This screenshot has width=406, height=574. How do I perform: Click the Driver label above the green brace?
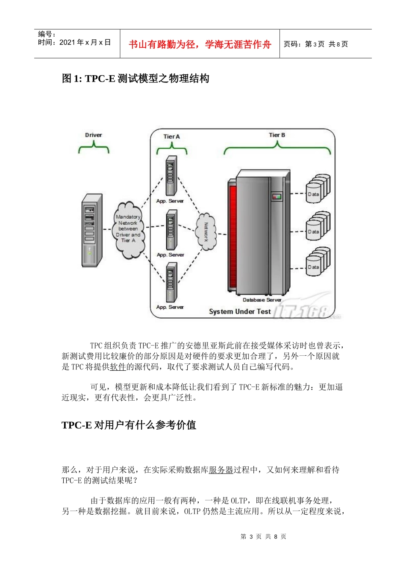94,135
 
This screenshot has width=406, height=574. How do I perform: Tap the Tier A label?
172,137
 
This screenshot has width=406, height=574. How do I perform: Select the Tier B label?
277,135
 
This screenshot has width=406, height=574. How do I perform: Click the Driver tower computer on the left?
92,230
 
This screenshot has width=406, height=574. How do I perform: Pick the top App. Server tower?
171,176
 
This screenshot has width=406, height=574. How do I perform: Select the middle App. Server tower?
171,230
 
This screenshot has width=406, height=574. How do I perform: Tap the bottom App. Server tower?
171,282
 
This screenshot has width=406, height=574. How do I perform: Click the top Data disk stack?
318,188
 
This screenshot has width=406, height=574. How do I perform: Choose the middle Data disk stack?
318,226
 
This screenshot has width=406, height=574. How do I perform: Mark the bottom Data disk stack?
318,261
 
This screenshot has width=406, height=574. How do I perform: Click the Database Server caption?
262,300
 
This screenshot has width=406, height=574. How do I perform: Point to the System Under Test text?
240,311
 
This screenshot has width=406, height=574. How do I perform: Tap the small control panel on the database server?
277,196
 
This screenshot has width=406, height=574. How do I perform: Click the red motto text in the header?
200,44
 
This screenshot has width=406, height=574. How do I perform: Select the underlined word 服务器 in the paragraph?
221,470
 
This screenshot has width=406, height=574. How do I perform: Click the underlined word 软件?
118,366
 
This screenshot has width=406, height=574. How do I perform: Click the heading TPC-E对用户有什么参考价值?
129,425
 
